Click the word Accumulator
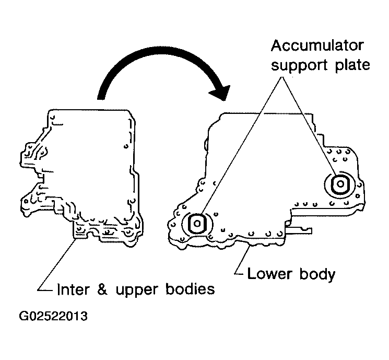[x=317, y=45]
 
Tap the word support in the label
[x=300, y=65]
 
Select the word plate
[x=352, y=65]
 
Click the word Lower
[x=269, y=274]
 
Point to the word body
[x=317, y=275]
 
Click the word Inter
[x=73, y=289]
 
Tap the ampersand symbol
[x=102, y=289]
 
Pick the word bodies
[x=190, y=289]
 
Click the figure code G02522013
[x=53, y=316]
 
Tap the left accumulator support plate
[x=197, y=224]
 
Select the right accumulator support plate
[x=340, y=184]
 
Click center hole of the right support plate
[x=340, y=184]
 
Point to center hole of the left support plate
[x=197, y=224]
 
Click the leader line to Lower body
[x=241, y=259]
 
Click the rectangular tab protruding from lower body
[x=299, y=230]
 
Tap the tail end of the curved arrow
[x=101, y=99]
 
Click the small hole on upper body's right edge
[x=126, y=146]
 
